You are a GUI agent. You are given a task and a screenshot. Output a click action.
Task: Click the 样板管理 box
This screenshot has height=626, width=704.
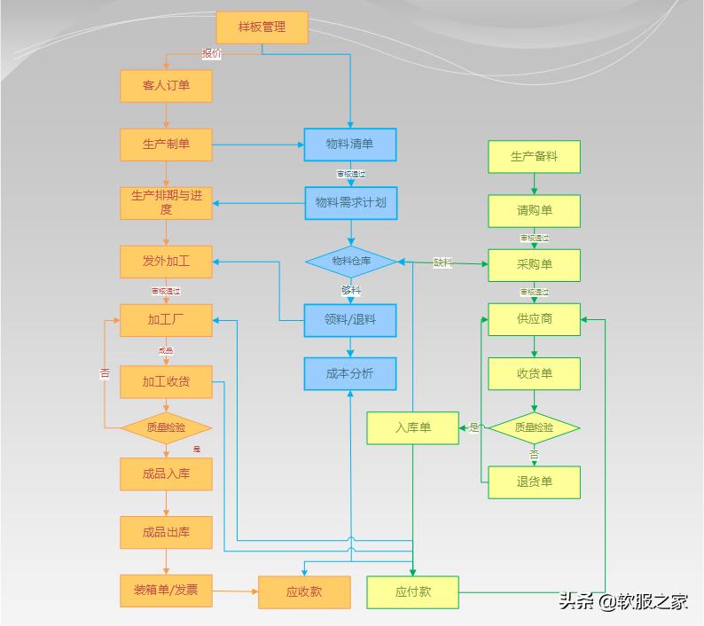click(262, 27)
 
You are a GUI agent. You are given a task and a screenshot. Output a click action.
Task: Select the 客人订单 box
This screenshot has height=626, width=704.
click(166, 86)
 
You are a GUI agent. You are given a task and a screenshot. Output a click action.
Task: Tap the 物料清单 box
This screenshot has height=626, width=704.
click(349, 145)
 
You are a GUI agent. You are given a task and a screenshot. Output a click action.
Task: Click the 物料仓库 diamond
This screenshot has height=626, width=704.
click(351, 262)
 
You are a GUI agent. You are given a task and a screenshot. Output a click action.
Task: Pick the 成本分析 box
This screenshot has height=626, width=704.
click(349, 374)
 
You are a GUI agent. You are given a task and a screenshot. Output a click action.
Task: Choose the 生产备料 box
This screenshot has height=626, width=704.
click(534, 157)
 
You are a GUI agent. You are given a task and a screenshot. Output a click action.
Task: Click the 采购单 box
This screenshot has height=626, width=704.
click(534, 265)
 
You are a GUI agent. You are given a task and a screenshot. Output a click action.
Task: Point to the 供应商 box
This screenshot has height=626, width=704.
click(534, 319)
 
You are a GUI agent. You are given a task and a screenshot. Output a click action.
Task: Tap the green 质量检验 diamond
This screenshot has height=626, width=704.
click(534, 427)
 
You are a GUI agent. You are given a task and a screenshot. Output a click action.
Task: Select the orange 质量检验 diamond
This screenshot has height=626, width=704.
click(166, 427)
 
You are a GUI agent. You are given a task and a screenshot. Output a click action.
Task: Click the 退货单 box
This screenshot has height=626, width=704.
click(534, 482)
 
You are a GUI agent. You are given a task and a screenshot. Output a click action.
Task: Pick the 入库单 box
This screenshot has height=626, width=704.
click(412, 428)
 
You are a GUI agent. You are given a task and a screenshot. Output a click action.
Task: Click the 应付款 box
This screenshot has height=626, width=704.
click(412, 592)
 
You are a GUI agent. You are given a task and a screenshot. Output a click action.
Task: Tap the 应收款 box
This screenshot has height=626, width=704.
click(303, 592)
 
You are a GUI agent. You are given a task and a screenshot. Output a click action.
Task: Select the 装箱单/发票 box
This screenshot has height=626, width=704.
click(166, 591)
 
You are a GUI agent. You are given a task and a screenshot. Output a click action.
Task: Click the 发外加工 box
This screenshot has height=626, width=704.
click(166, 262)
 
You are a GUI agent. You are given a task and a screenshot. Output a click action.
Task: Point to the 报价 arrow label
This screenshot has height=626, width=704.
click(211, 54)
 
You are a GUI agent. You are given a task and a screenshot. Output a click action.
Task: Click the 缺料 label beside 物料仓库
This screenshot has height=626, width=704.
click(442, 262)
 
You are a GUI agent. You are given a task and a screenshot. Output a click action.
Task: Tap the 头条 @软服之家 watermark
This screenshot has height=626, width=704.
click(622, 601)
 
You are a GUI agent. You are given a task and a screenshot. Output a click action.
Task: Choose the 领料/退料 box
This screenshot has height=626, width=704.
click(349, 320)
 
